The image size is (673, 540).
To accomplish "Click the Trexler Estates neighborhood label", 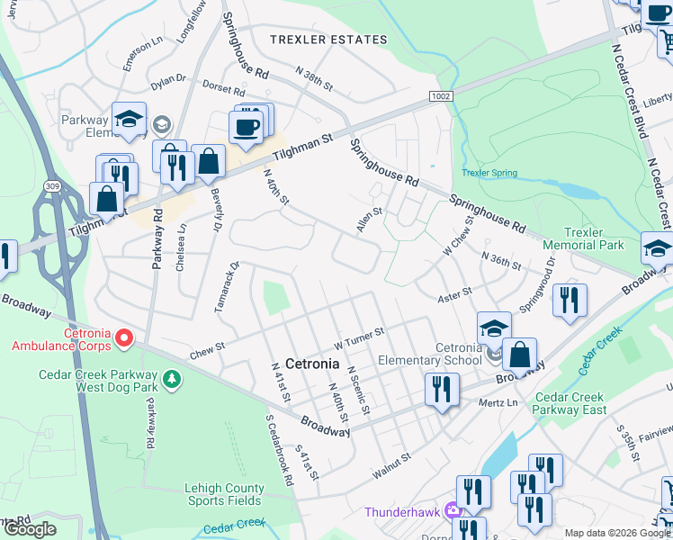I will (x=329, y=40).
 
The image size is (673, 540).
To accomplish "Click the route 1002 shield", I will (x=440, y=94).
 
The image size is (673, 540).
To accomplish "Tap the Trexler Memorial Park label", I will (x=583, y=238).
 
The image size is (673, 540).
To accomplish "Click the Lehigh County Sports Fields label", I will (x=225, y=495).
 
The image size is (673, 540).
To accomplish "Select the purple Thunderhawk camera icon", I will (x=453, y=511).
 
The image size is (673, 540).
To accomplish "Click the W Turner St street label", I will (x=359, y=337).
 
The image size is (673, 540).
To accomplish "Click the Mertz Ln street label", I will (x=499, y=402).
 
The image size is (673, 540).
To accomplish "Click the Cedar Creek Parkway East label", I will (x=570, y=403).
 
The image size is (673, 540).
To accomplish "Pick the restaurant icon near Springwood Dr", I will (x=570, y=301).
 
